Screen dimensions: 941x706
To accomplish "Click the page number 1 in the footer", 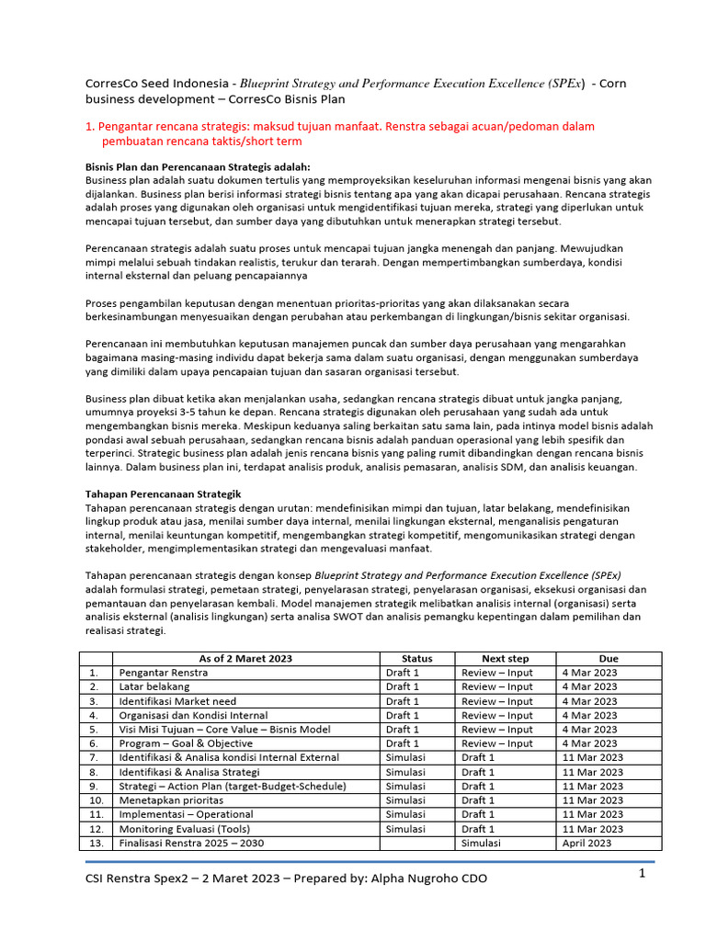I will (x=643, y=875).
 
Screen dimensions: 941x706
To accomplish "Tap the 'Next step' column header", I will (x=506, y=659).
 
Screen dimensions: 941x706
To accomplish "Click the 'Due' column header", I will (x=609, y=659).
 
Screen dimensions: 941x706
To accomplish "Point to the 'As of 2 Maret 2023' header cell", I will (x=245, y=659).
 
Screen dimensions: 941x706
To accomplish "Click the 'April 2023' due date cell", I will (x=586, y=843).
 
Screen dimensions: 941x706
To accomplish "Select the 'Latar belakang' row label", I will (x=154, y=686).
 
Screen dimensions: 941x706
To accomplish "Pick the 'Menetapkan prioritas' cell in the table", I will (x=170, y=800).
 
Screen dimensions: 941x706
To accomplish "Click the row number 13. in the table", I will (x=95, y=843).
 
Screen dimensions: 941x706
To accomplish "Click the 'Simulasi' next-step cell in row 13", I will (x=484, y=843).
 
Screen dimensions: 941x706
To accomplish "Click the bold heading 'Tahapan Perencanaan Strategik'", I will (x=163, y=493).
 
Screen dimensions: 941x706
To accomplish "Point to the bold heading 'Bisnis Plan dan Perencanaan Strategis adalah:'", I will (x=198, y=166).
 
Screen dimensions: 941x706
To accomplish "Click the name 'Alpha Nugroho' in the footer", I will (x=413, y=879).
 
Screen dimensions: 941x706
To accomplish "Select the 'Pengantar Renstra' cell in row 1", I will (x=164, y=673).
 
